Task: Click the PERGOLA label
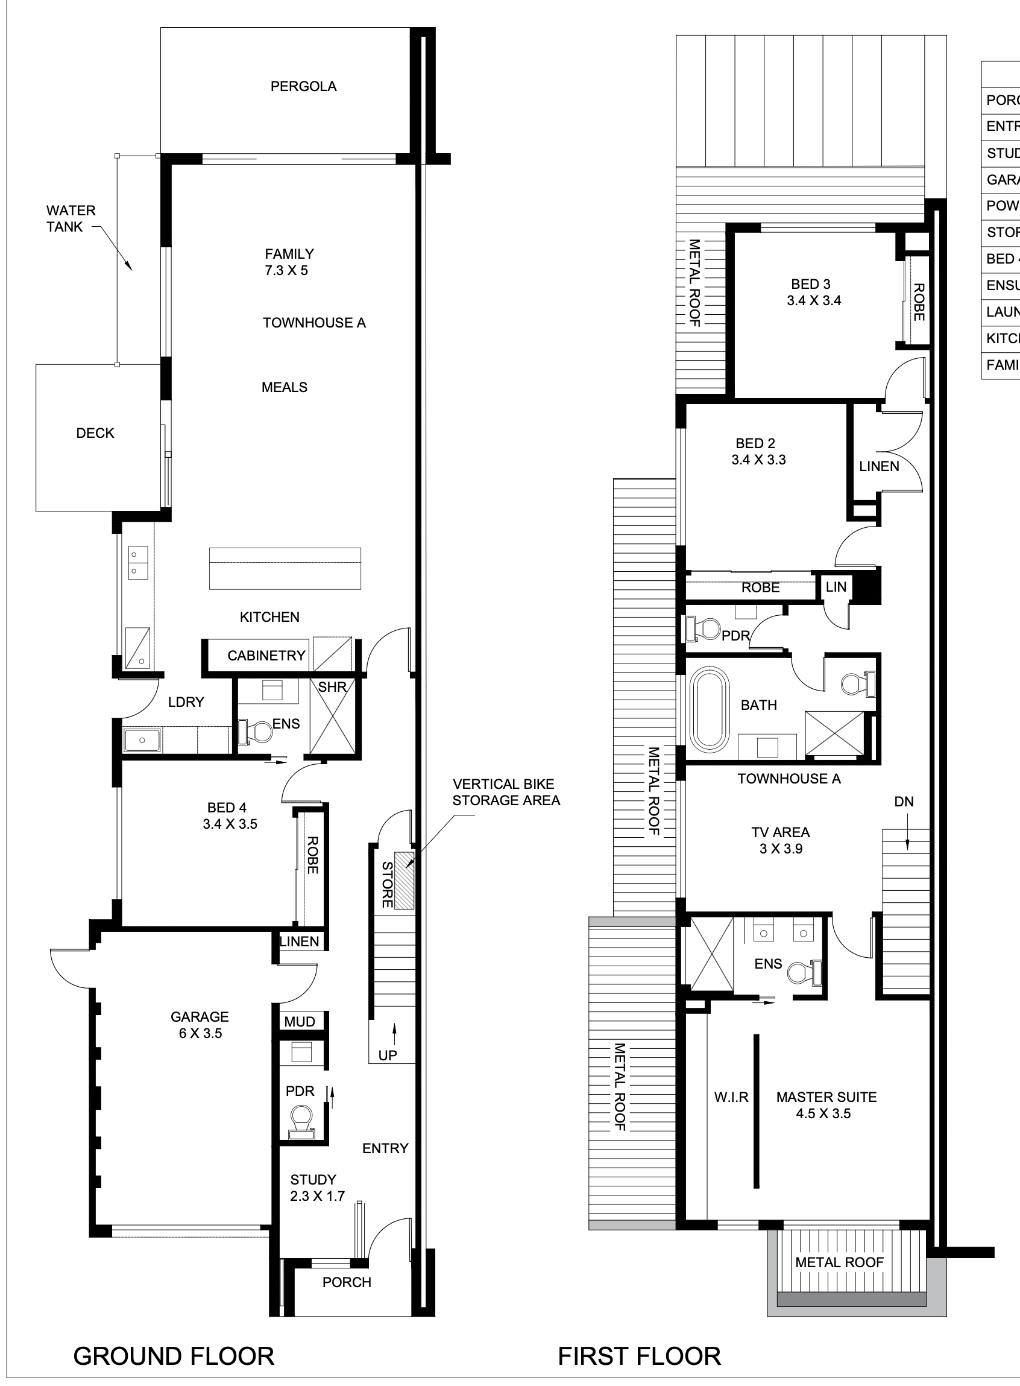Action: coord(303,86)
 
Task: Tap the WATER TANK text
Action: coord(71,219)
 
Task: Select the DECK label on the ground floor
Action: coord(95,433)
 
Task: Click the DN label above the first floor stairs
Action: coord(903,802)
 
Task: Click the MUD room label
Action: coord(300,1022)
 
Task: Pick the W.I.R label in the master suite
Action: coord(731,1097)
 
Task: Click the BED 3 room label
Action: coord(810,284)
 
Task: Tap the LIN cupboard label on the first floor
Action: coord(836,587)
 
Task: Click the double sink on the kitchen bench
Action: coord(134,563)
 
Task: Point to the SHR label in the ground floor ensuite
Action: coord(332,687)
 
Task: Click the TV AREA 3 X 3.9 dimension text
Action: coord(781,849)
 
